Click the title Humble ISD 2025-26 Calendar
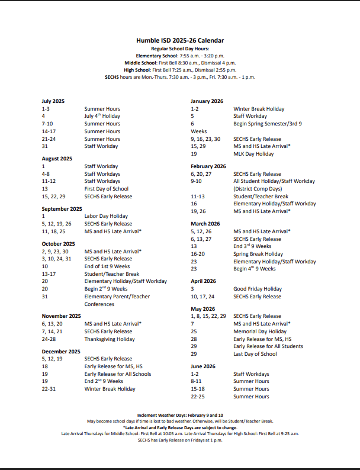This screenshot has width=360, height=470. (x=179, y=40)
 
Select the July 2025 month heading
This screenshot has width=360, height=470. (x=53, y=101)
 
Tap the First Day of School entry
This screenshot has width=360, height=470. (x=106, y=189)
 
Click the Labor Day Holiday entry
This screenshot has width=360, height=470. (x=106, y=217)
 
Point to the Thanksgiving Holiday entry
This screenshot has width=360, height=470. (x=109, y=339)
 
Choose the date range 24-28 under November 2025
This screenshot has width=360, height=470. (x=49, y=339)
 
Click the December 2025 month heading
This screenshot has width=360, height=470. (x=61, y=352)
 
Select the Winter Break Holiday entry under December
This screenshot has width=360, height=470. (x=110, y=389)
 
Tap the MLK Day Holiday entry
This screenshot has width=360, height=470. (x=253, y=154)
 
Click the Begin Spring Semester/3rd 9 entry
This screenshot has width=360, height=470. (x=268, y=124)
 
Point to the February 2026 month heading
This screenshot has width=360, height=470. (x=208, y=166)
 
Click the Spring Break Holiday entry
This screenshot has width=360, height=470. (x=258, y=254)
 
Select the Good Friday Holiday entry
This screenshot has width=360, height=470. (x=258, y=289)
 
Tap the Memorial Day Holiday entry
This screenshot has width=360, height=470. (x=260, y=331)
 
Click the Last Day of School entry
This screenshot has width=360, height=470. (x=255, y=354)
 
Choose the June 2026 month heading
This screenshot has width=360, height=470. (x=203, y=366)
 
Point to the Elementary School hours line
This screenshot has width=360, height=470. (x=179, y=55)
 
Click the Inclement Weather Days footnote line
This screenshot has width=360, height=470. (x=179, y=415)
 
